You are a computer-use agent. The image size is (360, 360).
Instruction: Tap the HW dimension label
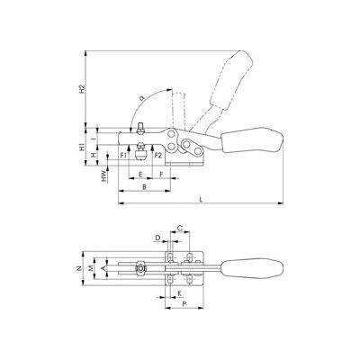click(x=104, y=176)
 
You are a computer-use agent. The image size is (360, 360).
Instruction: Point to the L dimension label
click(x=202, y=199)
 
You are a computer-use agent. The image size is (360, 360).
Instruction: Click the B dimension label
click(x=144, y=187)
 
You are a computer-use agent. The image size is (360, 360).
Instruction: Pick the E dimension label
click(x=140, y=175)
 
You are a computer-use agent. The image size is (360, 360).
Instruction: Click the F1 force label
click(x=122, y=155)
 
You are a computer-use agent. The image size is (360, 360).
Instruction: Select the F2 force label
click(x=158, y=155)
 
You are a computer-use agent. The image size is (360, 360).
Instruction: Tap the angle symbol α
click(x=142, y=98)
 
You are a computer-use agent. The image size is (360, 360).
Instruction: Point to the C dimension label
click(x=179, y=228)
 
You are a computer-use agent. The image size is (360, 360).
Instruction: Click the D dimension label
click(x=158, y=238)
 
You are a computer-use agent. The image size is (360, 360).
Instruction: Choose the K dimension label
click(x=179, y=293)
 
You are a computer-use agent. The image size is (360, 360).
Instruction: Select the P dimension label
click(x=184, y=304)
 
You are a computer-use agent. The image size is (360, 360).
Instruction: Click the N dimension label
click(x=78, y=268)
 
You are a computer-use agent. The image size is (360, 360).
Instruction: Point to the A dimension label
click(x=103, y=268)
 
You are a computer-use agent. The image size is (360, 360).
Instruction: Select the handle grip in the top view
click(x=252, y=268)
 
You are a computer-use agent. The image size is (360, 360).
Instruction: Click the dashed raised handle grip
click(x=231, y=79)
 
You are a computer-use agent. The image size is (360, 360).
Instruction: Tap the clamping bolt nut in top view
click(x=140, y=268)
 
